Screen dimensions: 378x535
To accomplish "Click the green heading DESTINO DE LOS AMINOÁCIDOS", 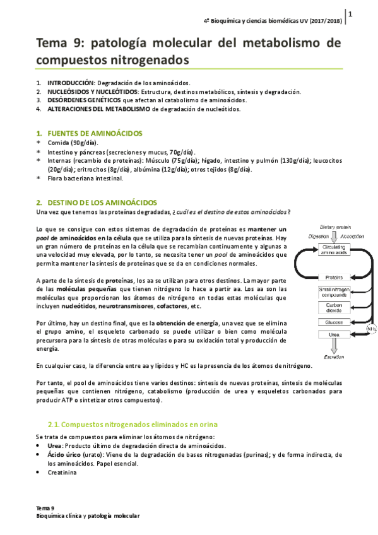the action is pos(102,202).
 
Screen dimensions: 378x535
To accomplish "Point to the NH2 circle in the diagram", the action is pos(372,327).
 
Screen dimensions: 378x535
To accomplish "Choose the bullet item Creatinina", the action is pos(63,472).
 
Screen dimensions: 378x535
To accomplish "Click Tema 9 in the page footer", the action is pos(45,508).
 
